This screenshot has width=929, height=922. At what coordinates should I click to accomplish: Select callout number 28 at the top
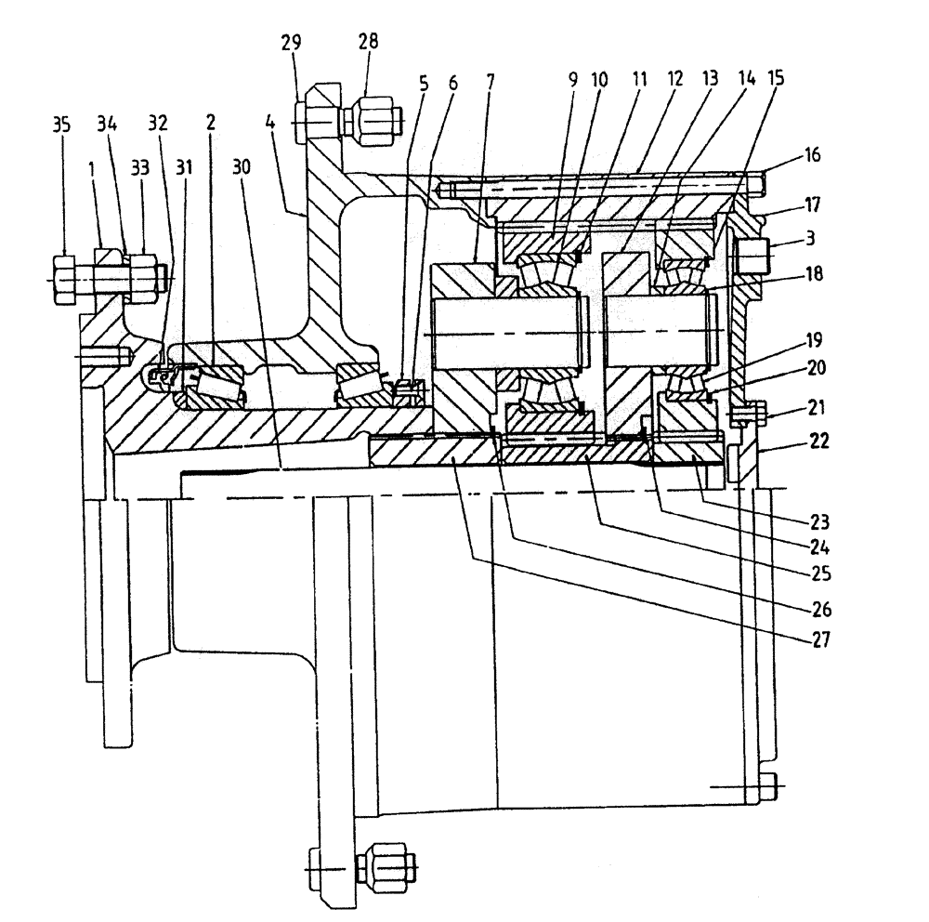pos(369,43)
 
